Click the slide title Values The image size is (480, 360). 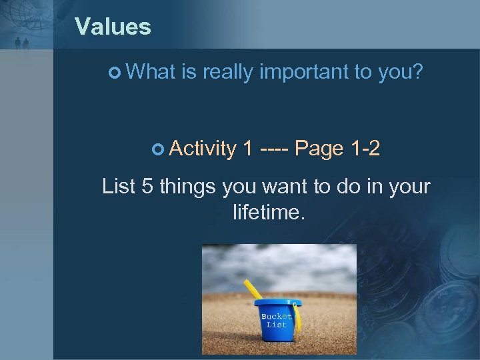pyautogui.click(x=113, y=27)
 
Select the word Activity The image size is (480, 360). pyautogui.click(x=203, y=149)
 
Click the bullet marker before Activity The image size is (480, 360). pyautogui.click(x=157, y=149)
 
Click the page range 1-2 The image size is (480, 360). pyautogui.click(x=365, y=149)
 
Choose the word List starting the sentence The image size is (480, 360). pyautogui.click(x=119, y=187)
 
